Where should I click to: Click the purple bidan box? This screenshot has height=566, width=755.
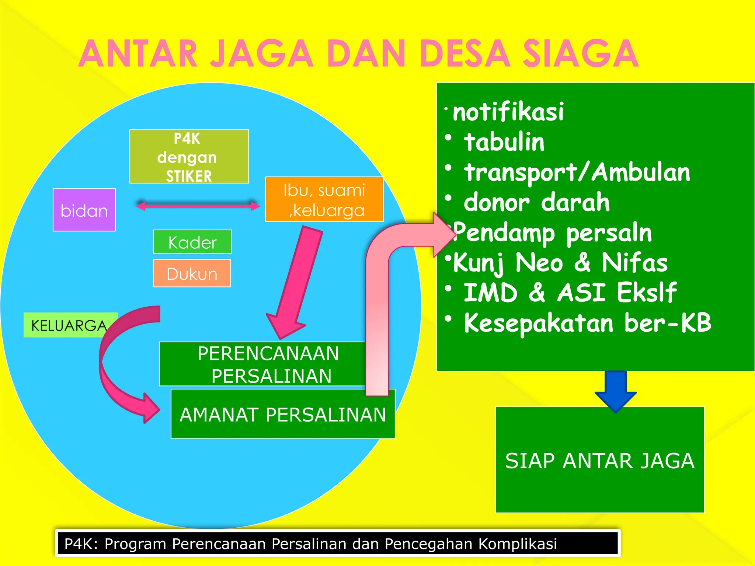click(84, 210)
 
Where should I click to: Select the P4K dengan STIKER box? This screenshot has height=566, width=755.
click(189, 157)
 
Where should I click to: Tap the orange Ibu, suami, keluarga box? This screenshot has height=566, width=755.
click(324, 199)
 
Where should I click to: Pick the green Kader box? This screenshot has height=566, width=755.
click(192, 242)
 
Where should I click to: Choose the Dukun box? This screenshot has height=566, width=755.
click(192, 273)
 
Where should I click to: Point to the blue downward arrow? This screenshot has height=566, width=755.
click(615, 391)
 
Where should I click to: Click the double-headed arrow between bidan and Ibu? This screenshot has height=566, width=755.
click(198, 206)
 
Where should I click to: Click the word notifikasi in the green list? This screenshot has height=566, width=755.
click(508, 112)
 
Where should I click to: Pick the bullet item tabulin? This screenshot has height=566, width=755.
click(504, 142)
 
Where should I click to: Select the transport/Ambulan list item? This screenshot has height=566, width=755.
click(577, 172)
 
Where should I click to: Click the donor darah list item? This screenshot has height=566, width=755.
click(536, 202)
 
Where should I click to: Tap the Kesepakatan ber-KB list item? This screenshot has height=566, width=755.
click(587, 323)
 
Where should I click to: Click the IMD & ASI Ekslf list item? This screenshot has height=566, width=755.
click(570, 293)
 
